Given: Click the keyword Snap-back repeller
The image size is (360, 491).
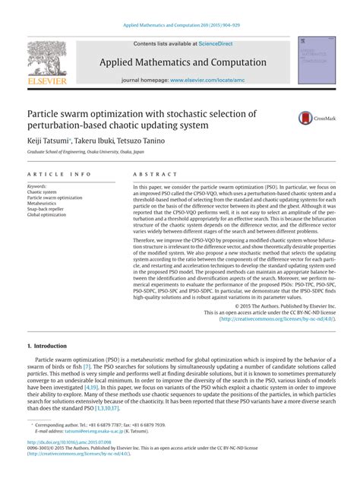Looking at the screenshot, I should point(48,209).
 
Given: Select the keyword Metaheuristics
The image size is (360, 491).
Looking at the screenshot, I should point(47,203).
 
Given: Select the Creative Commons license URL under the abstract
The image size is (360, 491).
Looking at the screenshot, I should point(276,318).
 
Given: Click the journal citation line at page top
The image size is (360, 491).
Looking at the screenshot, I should point(181,24).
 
